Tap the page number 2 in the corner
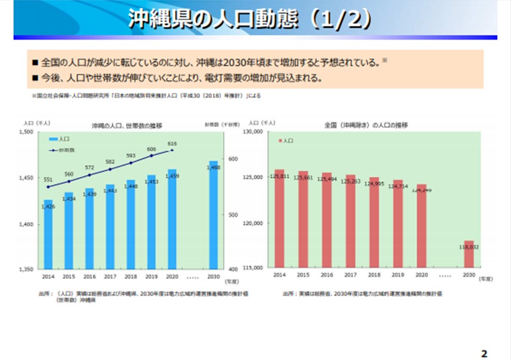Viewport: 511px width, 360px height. pyautogui.click(x=484, y=353)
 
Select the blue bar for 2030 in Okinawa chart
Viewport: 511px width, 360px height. pyautogui.click(x=214, y=214)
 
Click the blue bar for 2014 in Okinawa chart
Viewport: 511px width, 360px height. pyautogui.click(x=48, y=234)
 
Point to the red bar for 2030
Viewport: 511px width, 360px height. pyautogui.click(x=469, y=254)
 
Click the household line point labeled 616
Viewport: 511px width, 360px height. pyautogui.click(x=172, y=150)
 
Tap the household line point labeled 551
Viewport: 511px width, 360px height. pyautogui.click(x=48, y=187)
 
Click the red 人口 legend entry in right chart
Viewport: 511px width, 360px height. pyautogui.click(x=286, y=141)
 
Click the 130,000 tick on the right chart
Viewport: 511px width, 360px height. pyautogui.click(x=255, y=132)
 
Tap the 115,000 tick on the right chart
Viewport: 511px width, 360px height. pyautogui.click(x=255, y=268)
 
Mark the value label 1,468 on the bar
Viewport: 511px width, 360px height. pyautogui.click(x=214, y=167)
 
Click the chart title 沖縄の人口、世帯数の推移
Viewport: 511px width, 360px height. pyautogui.click(x=126, y=126)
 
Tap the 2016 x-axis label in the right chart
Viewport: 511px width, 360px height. pyautogui.click(x=327, y=275)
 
